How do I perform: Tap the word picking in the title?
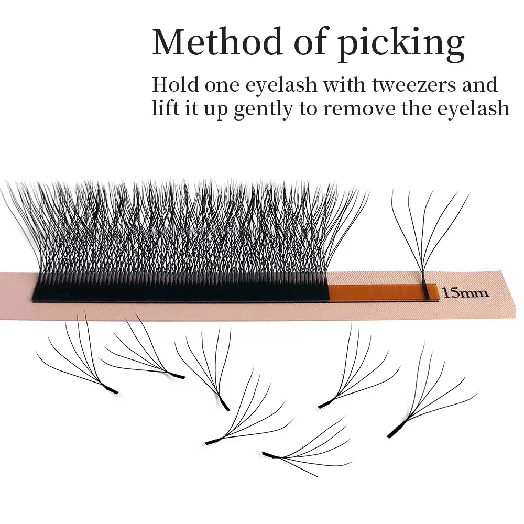click(400, 45)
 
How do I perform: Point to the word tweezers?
click(414, 85)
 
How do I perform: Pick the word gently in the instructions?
click(264, 109)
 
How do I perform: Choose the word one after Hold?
click(222, 86)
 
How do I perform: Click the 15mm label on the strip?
click(465, 293)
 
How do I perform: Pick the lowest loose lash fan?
click(307, 446)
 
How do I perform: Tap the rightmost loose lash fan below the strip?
click(433, 390)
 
